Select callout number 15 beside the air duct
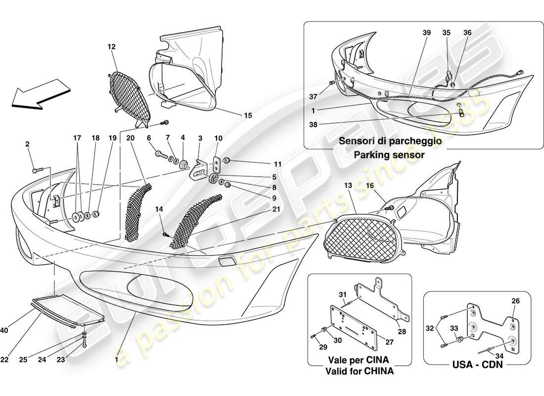click(247, 115)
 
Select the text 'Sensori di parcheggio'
click(390, 141)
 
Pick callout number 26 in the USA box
click(515, 300)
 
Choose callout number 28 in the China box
click(402, 332)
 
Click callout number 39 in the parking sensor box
click(427, 33)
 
